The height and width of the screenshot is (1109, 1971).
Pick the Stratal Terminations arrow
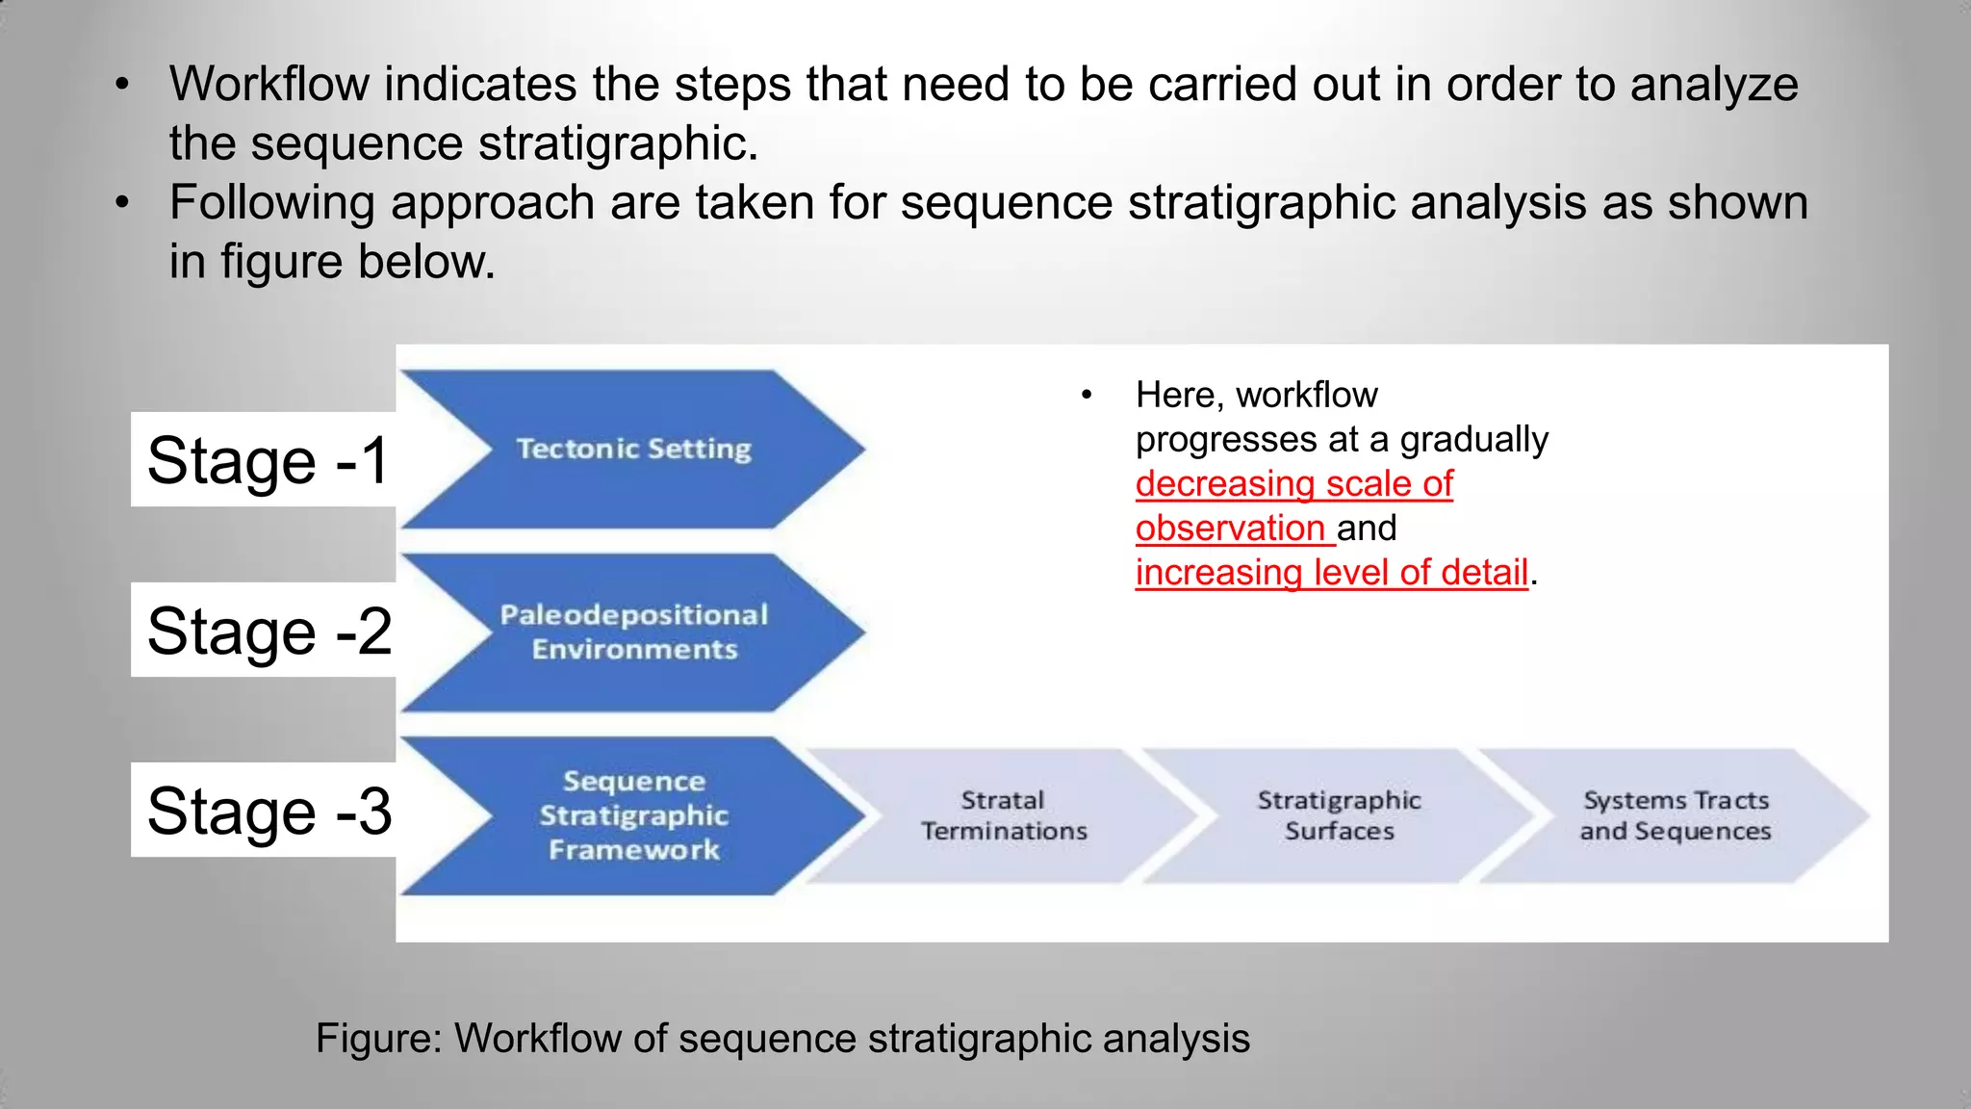pos(1003,815)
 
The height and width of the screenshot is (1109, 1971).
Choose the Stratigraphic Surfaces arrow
pos(1339,815)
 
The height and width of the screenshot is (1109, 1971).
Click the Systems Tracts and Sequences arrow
pos(1675,815)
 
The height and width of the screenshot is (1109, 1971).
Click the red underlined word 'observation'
pos(1230,529)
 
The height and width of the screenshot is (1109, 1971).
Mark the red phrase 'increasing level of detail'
pos(1332,573)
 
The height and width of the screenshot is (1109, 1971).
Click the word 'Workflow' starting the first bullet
pos(269,84)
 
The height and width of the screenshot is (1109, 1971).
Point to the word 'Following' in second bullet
pos(272,204)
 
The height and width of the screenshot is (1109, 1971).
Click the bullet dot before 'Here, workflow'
pos(1087,396)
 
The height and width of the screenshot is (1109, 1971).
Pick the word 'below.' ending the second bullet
pos(426,261)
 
